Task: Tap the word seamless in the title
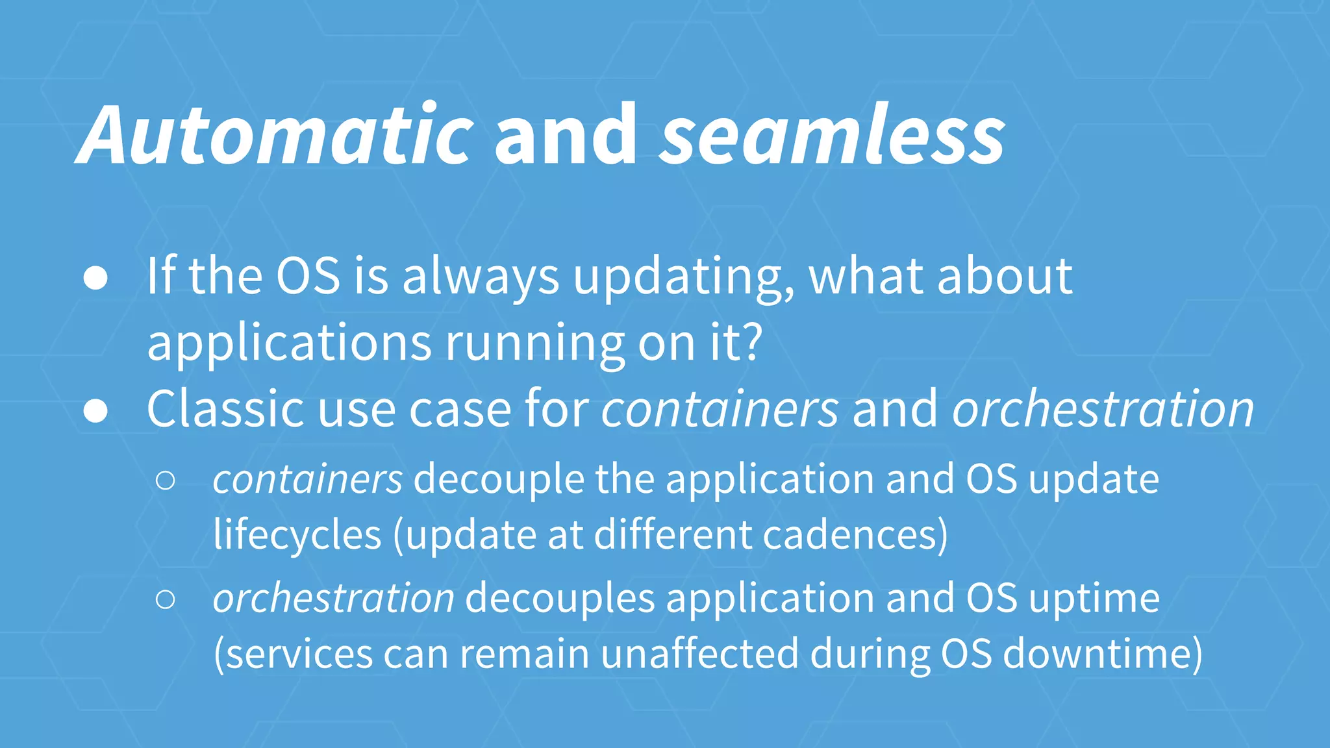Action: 833,135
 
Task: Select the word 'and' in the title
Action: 566,135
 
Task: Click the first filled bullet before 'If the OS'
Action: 96,278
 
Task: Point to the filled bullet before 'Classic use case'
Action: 96,411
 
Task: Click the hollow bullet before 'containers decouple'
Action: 166,480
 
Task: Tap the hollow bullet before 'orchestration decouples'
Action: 166,599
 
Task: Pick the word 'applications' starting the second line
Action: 289,344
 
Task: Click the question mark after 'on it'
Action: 751,342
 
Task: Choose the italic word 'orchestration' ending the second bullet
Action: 1103,409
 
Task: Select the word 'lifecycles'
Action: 297,535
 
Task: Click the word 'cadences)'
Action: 855,535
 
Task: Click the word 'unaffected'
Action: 699,654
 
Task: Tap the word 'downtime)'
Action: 1103,654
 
